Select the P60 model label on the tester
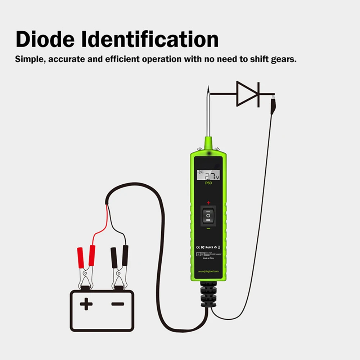pyautogui.click(x=208, y=183)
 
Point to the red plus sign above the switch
pyautogui.click(x=208, y=203)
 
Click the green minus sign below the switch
pyautogui.click(x=208, y=229)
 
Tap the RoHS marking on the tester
pyautogui.click(x=210, y=247)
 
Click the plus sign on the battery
pyautogui.click(x=86, y=305)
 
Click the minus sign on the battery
pyautogui.click(x=117, y=305)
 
